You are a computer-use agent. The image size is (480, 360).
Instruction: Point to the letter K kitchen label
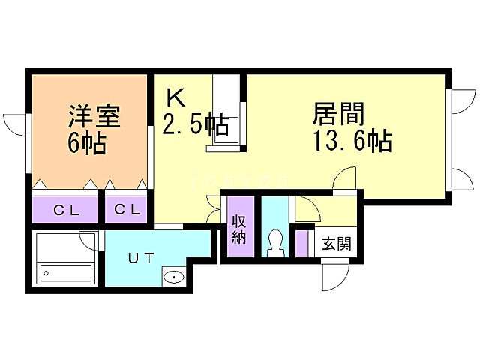tap(175, 97)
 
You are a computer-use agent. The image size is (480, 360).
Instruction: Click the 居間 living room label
tap(339, 115)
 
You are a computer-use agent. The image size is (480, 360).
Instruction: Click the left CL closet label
tap(65, 210)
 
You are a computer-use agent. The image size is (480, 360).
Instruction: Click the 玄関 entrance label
tap(334, 244)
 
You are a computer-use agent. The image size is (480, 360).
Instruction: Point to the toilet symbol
tap(275, 243)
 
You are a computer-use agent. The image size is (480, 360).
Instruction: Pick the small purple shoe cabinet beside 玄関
tap(302, 243)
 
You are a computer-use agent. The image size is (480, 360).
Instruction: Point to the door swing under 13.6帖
tap(346, 180)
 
